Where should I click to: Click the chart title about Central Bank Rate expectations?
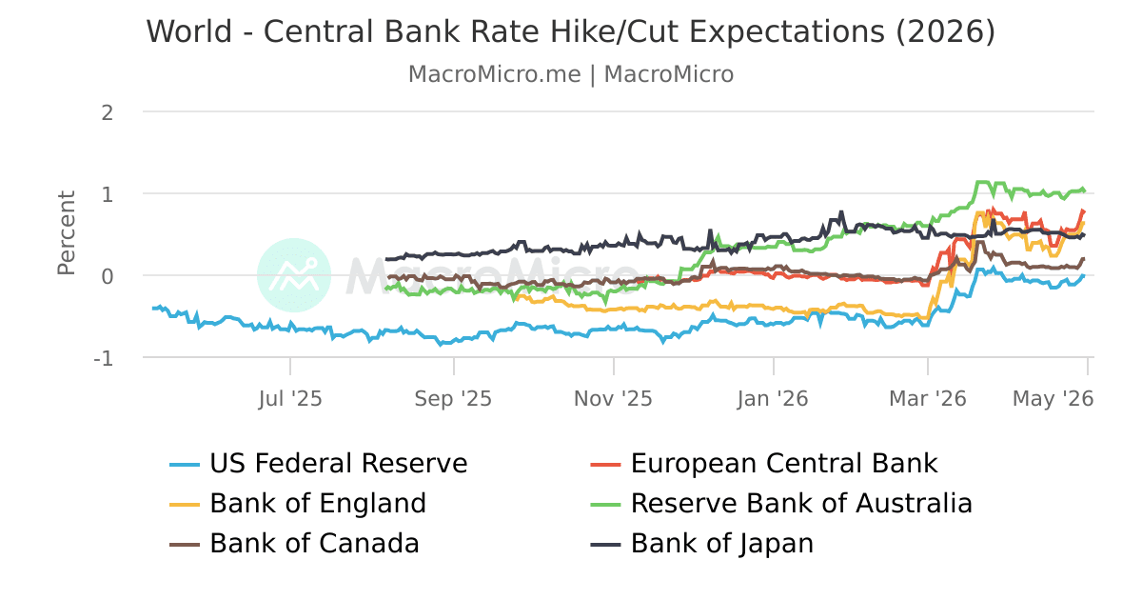click(570, 31)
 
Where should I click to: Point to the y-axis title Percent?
click(67, 233)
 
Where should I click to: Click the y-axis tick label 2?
click(107, 112)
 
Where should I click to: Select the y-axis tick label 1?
click(107, 194)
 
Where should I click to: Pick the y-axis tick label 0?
click(107, 276)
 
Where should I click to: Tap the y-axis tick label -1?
click(103, 359)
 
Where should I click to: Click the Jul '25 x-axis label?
click(290, 398)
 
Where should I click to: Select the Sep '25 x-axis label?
click(453, 398)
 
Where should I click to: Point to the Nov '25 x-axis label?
click(613, 398)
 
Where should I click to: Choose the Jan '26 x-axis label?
click(773, 398)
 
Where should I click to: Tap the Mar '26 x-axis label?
click(928, 398)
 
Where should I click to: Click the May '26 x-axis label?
click(1053, 398)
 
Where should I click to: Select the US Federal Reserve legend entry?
click(319, 463)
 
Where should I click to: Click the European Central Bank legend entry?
click(763, 463)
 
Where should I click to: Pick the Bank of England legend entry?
click(298, 504)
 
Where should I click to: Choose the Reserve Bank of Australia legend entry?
click(781, 504)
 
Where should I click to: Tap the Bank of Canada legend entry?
click(294, 544)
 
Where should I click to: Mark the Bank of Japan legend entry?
click(702, 544)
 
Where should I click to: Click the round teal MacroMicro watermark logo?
click(294, 275)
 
